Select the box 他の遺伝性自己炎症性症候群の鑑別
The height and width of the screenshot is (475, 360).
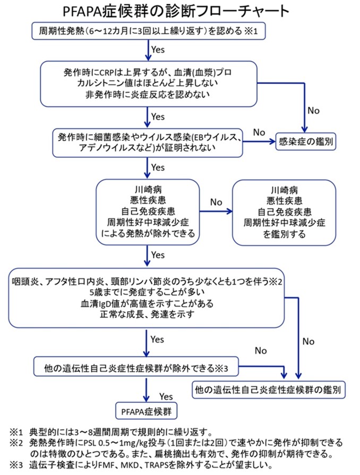[x=269, y=389]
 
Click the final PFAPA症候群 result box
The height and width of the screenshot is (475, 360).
[x=147, y=411]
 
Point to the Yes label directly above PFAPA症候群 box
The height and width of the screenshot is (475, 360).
[x=166, y=396]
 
